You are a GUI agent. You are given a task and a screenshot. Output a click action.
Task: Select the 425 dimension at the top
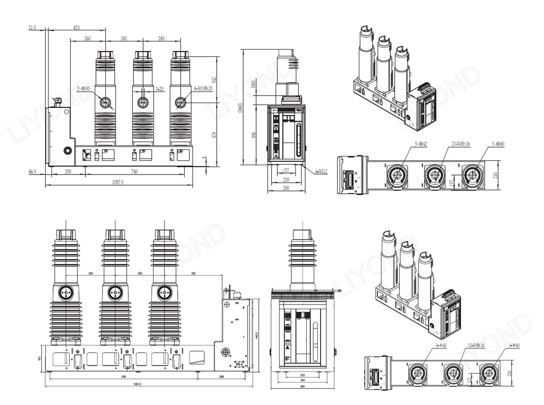click(x=77, y=27)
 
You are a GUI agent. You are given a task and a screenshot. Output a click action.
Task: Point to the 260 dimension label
click(x=87, y=38)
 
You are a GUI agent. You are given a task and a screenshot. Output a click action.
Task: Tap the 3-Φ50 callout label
click(x=83, y=89)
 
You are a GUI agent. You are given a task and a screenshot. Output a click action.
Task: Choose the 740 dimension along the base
click(x=134, y=172)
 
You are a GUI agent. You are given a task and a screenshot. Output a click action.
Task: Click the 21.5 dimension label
click(x=32, y=27)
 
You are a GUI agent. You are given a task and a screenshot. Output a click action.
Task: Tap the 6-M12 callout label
click(x=321, y=172)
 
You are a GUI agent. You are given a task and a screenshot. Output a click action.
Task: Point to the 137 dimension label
click(x=286, y=171)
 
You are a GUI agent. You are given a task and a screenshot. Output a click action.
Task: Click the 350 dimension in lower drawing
click(x=193, y=273)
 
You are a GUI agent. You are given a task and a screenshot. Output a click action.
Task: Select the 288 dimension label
click(x=222, y=377)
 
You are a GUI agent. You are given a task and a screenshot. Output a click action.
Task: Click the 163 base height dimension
click(x=39, y=358)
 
